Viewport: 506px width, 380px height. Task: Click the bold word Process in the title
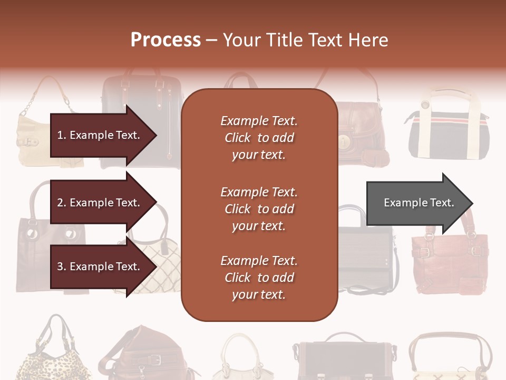tap(166, 40)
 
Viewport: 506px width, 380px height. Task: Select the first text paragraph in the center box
tap(259, 138)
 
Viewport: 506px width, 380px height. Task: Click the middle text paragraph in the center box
tap(259, 209)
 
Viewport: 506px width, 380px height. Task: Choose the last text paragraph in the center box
tap(259, 278)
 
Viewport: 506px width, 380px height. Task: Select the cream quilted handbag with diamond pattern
tap(153, 264)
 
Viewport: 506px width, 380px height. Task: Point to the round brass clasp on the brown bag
tap(346, 142)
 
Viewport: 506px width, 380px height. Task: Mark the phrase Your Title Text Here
tap(306, 40)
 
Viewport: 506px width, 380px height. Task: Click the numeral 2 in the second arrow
tap(60, 203)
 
